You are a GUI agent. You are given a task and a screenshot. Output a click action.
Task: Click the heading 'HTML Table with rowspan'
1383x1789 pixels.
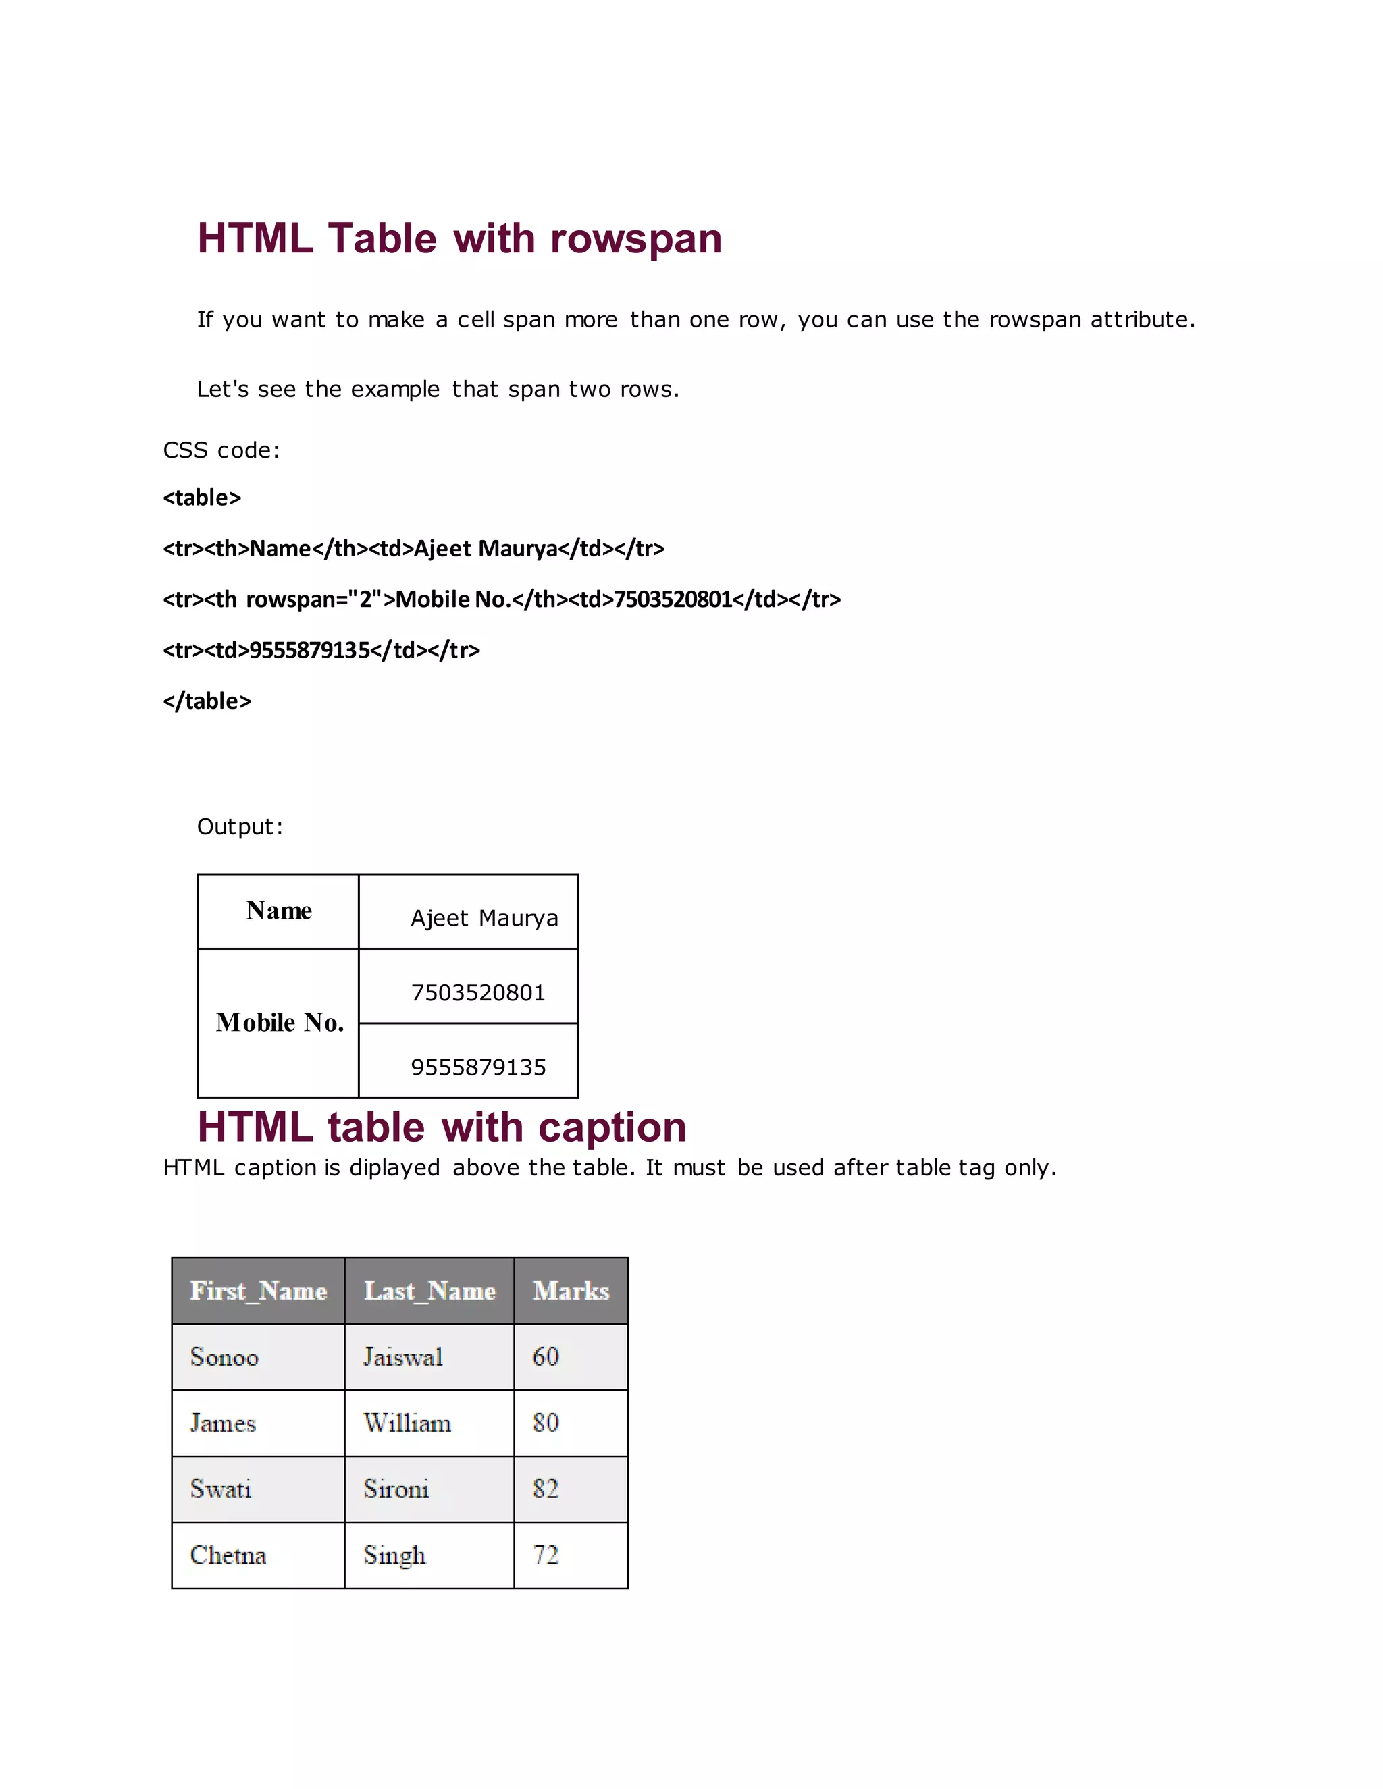coord(460,238)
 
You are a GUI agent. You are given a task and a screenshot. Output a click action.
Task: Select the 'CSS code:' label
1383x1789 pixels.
coord(221,450)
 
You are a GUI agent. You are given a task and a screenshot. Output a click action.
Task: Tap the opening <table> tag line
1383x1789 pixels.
coord(203,498)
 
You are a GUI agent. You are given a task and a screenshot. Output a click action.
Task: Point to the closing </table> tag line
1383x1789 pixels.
coord(207,701)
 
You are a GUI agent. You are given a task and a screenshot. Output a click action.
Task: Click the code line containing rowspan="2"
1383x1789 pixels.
coord(502,599)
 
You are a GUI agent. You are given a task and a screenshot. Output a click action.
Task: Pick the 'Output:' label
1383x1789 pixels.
coord(240,826)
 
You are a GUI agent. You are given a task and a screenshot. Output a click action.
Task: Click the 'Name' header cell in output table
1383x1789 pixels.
coord(279,911)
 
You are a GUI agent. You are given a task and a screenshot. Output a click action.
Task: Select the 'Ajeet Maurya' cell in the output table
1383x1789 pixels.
coord(484,918)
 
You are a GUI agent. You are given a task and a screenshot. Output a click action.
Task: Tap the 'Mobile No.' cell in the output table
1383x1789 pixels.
coord(280,1022)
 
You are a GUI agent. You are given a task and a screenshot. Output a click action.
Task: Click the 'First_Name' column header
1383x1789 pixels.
coord(258,1291)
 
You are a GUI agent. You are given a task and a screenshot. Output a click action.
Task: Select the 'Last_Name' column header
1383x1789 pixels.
coord(429,1291)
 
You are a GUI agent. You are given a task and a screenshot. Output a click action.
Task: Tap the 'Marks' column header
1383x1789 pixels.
coord(571,1291)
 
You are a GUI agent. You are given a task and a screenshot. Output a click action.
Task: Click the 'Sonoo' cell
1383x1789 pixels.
coord(224,1358)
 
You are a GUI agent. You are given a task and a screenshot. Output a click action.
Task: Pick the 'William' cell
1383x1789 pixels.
coord(407,1423)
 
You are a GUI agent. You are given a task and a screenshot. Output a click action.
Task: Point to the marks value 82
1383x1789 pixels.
coord(546,1489)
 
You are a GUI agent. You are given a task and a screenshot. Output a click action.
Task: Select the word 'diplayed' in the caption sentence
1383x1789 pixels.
coord(395,1167)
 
